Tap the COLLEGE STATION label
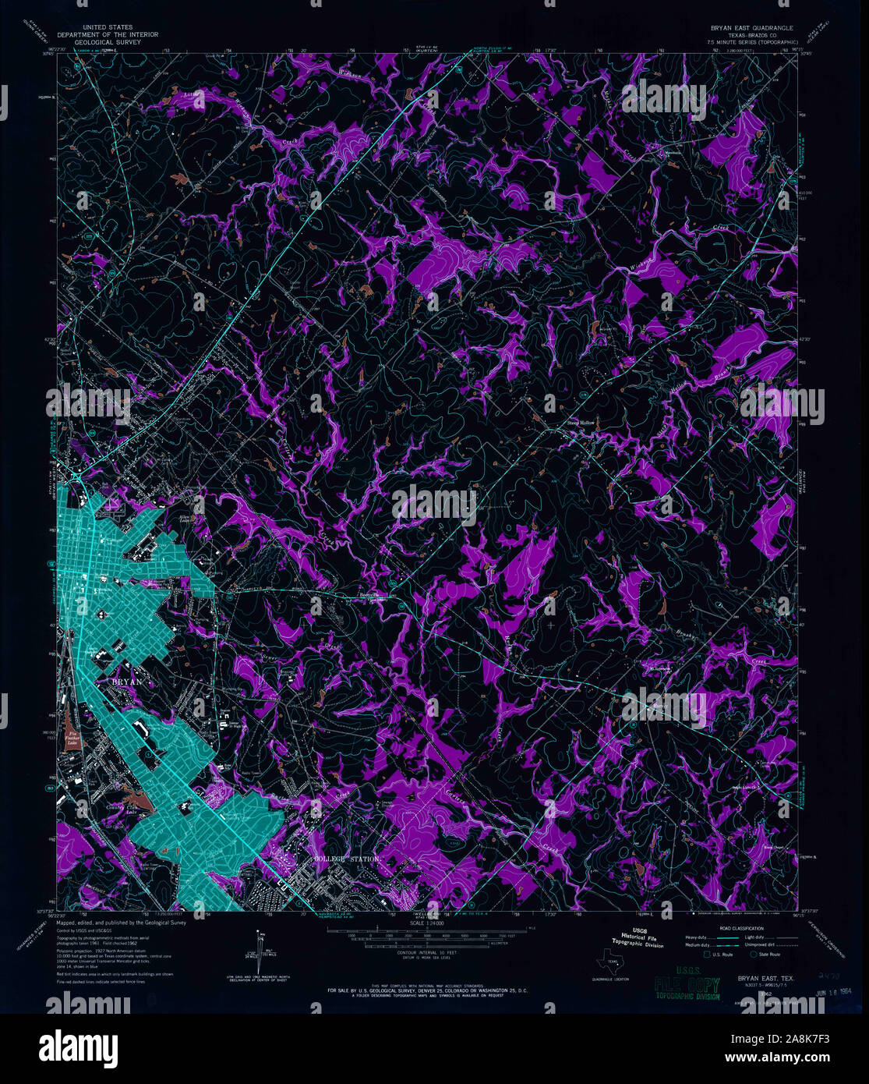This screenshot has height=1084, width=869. point(347,859)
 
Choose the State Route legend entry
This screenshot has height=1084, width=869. point(768,953)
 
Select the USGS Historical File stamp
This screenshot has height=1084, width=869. point(638,937)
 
